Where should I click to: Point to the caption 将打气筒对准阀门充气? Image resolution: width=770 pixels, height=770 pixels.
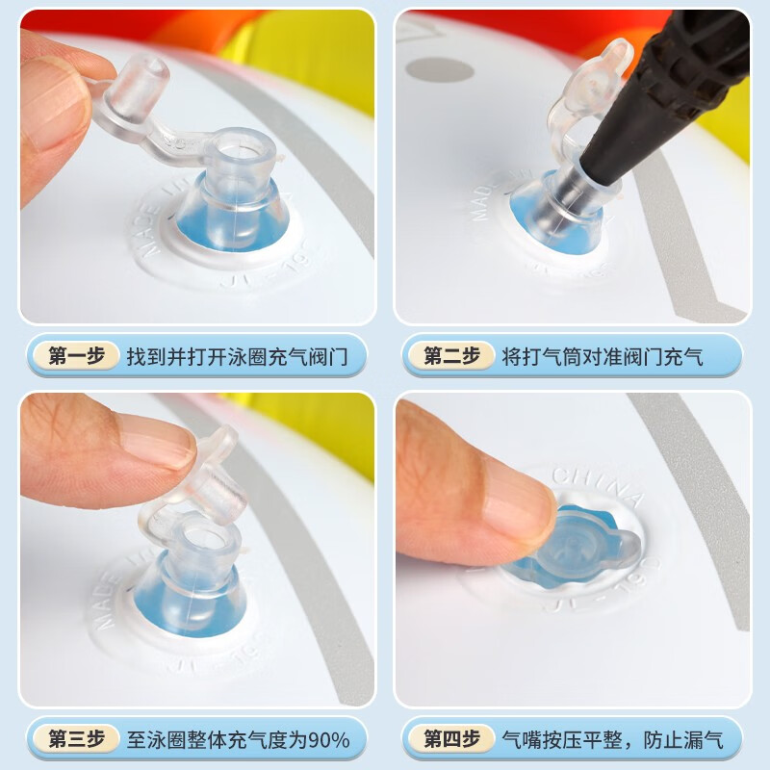point(603,357)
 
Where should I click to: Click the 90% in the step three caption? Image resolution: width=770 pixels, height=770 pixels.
point(329,740)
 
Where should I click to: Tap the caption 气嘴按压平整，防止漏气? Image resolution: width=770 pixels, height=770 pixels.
point(611,740)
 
